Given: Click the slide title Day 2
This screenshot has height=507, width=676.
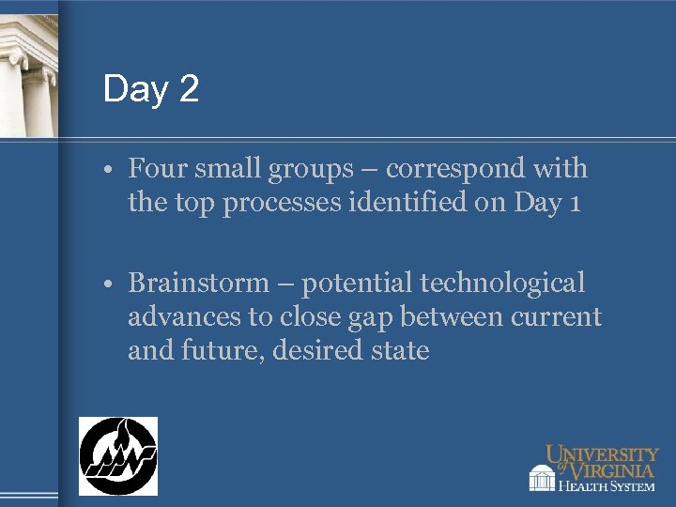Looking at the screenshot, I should pyautogui.click(x=151, y=89).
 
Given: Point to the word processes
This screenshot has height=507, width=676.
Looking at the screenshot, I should pyautogui.click(x=309, y=204).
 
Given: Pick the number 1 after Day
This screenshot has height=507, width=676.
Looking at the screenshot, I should pyautogui.click(x=574, y=203).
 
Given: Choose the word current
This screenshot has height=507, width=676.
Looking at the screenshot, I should pyautogui.click(x=556, y=317).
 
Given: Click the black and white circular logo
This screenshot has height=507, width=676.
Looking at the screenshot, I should pyautogui.click(x=117, y=455).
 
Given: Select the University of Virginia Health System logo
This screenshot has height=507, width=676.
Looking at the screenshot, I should pyautogui.click(x=592, y=468).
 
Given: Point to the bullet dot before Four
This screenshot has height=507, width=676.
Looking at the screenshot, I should pyautogui.click(x=111, y=171).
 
